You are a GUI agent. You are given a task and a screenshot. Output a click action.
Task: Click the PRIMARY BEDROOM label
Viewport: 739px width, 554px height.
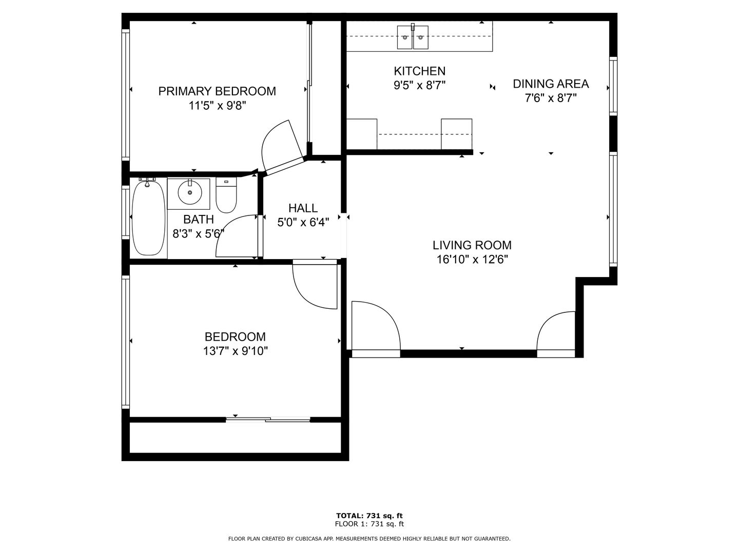[217, 91]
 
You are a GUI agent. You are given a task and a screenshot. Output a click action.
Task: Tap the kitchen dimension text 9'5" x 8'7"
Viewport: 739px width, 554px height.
[419, 85]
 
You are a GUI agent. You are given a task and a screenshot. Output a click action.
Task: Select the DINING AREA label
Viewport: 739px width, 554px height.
[551, 84]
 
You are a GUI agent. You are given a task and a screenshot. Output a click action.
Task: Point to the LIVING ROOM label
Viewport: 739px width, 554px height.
[472, 245]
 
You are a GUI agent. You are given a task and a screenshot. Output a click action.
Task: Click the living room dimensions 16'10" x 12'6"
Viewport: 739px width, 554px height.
[472, 260]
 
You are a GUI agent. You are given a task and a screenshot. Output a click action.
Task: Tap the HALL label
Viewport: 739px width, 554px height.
[303, 208]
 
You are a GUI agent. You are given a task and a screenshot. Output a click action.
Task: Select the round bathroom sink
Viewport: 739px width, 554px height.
[190, 192]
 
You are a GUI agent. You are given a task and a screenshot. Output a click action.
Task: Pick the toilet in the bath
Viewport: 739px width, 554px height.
[226, 196]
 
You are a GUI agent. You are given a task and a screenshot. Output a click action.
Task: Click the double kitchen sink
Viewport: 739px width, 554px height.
[413, 37]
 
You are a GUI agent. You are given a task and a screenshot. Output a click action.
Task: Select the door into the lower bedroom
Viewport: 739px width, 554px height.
[314, 285]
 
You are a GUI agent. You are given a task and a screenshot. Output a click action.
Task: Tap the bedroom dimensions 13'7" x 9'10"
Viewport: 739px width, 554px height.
[235, 351]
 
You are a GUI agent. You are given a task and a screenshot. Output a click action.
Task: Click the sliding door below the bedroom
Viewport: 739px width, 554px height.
[268, 420]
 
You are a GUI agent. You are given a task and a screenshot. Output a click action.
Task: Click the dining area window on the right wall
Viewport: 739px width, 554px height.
[613, 85]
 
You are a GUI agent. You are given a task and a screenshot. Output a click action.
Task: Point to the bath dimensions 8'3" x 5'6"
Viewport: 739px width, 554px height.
[198, 234]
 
